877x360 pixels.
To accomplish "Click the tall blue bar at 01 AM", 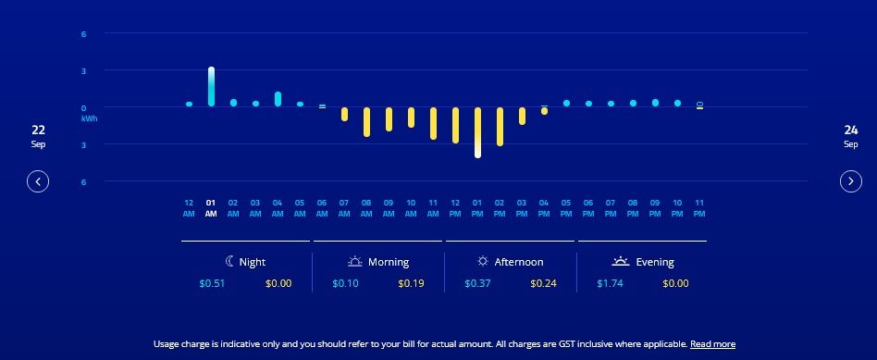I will point(211,86).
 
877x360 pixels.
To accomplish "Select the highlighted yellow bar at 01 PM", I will point(477,132).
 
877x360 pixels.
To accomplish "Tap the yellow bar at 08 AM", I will point(366,122).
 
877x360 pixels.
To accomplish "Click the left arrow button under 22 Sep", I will point(38,181).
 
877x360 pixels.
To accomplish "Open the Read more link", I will point(712,344).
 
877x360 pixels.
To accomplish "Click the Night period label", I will point(252,262).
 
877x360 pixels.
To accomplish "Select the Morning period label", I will point(388,262).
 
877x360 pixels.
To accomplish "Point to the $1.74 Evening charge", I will point(609,283).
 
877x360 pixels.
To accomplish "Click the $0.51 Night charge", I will point(211,283).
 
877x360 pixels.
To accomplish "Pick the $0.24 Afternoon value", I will point(543,283).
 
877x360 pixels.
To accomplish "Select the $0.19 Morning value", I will point(411,283).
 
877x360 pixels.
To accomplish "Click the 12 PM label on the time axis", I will point(455,208).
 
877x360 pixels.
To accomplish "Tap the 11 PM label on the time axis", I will point(699,208).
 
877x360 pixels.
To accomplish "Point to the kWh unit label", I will point(90,118).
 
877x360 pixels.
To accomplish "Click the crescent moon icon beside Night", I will point(230,262).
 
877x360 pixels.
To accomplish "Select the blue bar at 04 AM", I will point(278,99).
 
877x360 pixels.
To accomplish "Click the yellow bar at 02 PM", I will point(500,127).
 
